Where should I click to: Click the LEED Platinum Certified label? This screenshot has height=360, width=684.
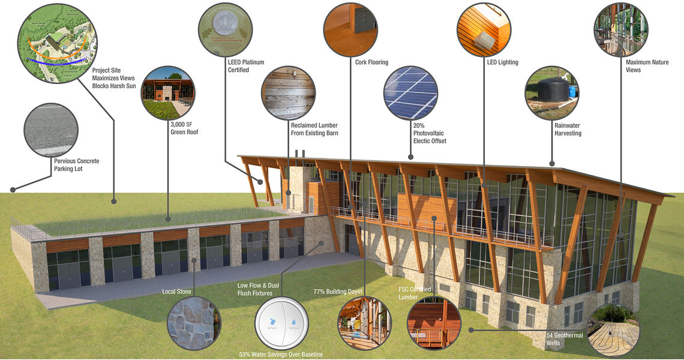(x=246, y=66)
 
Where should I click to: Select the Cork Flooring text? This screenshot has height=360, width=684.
(x=371, y=62)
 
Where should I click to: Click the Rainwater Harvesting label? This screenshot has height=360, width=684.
(x=568, y=130)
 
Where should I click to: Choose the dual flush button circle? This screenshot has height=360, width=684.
(x=281, y=323)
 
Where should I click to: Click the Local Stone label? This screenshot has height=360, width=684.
(x=177, y=292)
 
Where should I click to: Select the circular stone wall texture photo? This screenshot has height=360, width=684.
(x=191, y=323)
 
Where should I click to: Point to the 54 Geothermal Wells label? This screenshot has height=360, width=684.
(x=564, y=339)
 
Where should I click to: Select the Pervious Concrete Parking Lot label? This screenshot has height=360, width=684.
(x=76, y=165)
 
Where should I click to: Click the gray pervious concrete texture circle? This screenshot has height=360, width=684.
(x=51, y=130)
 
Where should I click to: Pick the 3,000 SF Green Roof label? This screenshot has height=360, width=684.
(x=184, y=128)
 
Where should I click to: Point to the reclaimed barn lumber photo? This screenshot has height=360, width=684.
(x=288, y=93)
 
